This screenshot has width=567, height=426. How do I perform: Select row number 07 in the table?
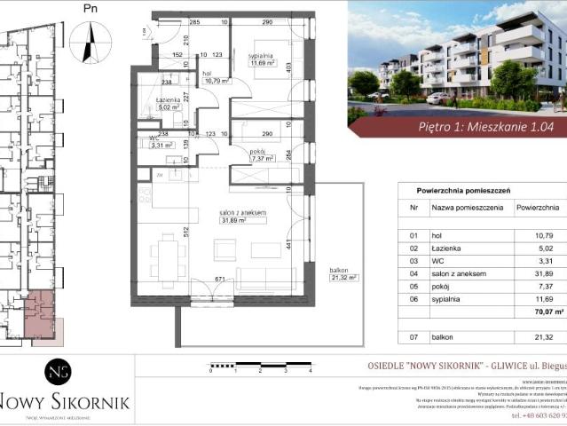pyautogui.click(x=413, y=336)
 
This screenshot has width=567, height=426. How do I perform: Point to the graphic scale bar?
pyautogui.click(x=261, y=364)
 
